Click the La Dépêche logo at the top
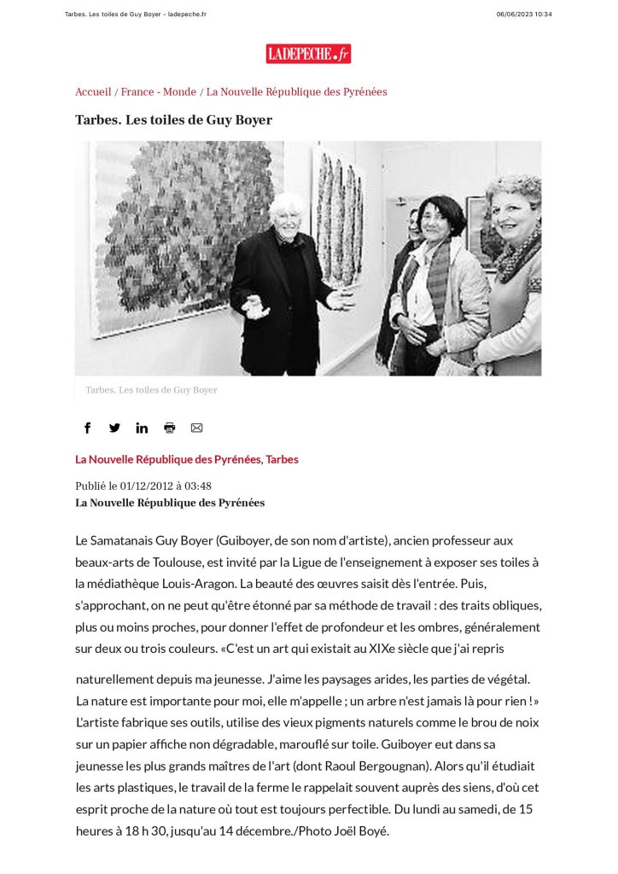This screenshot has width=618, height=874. click(308, 54)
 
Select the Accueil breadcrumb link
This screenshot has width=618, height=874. click(93, 92)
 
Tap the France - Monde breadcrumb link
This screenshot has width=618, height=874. click(159, 92)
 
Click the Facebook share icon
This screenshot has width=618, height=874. click(87, 428)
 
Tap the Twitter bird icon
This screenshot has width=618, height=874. click(114, 428)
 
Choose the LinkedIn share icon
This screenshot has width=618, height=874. click(142, 428)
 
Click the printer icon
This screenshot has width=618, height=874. click(169, 428)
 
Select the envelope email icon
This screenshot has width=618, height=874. click(196, 428)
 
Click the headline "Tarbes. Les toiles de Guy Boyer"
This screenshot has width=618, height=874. click(173, 120)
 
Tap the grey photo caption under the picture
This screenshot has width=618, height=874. click(151, 390)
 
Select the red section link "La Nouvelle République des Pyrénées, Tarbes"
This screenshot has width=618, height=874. click(186, 459)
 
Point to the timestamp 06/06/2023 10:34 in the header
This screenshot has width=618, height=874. click(524, 14)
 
